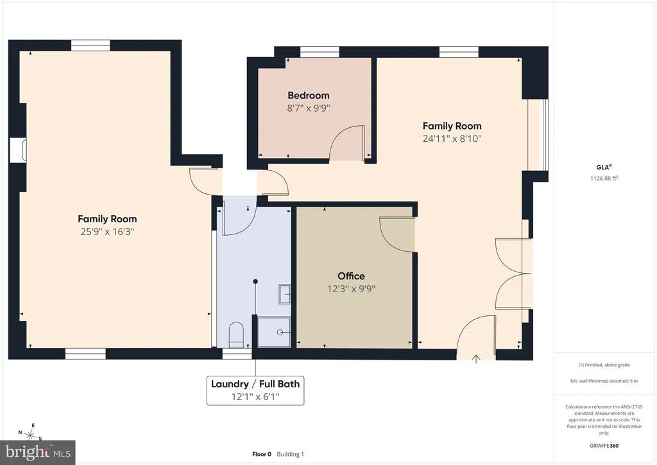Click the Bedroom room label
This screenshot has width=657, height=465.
click(309, 96)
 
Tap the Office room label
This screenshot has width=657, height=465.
click(351, 276)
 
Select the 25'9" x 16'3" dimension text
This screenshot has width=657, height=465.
click(107, 231)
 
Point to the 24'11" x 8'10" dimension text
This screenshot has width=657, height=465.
click(452, 139)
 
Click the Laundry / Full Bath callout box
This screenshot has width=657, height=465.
click(255, 390)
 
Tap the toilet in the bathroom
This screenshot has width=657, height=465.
click(236, 334)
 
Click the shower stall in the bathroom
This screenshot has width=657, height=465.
click(274, 332)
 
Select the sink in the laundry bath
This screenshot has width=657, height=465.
click(284, 294)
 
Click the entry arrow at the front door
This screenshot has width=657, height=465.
click(476, 359)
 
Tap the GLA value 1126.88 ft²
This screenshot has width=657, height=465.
click(604, 178)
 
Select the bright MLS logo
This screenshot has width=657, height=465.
click(38, 452)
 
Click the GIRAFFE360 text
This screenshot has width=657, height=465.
click(604, 446)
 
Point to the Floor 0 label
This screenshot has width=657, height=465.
click(262, 454)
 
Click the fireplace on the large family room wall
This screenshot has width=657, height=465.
click(18, 150)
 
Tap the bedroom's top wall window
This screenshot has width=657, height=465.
click(320, 51)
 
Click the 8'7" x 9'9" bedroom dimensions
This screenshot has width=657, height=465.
click(309, 108)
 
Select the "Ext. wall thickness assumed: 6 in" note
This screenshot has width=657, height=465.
click(604, 381)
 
